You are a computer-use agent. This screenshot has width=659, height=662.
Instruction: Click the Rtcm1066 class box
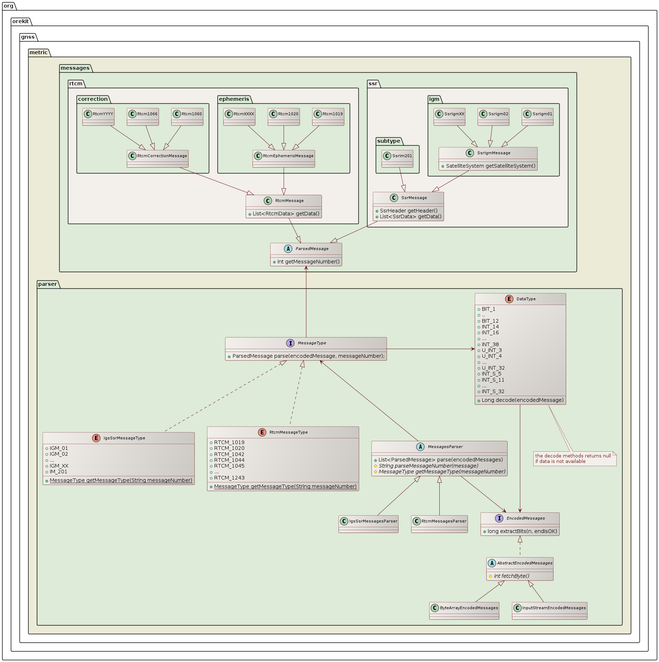143,116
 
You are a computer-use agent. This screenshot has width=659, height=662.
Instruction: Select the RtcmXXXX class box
239,116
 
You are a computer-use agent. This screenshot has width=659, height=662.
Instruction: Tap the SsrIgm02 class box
494,116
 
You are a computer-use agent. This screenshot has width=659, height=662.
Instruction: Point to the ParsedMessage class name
312,249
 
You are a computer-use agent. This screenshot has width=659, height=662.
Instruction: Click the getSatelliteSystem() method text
490,166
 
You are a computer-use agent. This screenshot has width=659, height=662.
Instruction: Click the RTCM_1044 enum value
229,460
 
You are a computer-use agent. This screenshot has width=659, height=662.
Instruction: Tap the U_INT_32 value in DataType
493,368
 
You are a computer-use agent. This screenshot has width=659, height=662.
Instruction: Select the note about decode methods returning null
574,459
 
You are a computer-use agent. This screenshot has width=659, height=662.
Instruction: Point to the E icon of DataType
509,299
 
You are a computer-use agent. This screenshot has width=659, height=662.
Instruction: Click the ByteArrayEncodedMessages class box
464,610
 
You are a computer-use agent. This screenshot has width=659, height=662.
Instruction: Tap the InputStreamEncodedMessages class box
549,610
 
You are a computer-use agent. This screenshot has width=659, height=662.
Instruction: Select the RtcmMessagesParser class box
439,524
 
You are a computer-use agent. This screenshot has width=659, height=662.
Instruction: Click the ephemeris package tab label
234,99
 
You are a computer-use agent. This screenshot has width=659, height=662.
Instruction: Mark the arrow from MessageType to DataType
430,349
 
